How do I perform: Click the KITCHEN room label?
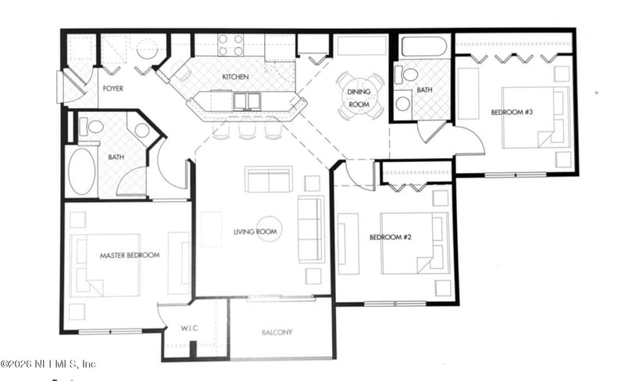point(235,77)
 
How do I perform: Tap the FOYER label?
point(113,88)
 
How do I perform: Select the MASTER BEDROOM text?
point(130,255)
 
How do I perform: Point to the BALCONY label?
point(277,332)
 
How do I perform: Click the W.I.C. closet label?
point(190,329)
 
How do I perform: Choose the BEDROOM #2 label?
point(390,237)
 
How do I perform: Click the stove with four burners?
point(230,45)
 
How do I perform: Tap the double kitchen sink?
point(247,102)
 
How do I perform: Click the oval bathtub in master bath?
point(82,171)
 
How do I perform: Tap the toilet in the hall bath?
point(405,74)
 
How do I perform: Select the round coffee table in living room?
point(269,229)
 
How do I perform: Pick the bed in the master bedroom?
point(105,265)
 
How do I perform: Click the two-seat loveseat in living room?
point(269,179)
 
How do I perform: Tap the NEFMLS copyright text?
point(48,364)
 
